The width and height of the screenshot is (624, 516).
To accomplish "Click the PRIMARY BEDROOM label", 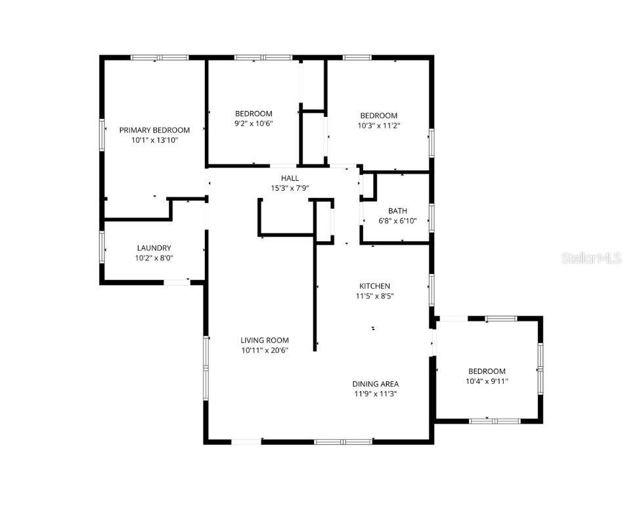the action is [x=154, y=130].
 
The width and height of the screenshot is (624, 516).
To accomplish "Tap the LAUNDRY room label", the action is [x=154, y=248].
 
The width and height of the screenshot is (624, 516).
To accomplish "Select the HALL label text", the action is [x=290, y=178].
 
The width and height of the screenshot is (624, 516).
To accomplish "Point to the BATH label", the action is [x=397, y=211].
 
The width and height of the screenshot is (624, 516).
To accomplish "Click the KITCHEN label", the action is [x=374, y=286].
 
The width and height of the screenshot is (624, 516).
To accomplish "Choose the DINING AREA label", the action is [x=376, y=384].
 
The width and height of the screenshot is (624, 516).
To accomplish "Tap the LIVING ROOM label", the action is [x=265, y=340].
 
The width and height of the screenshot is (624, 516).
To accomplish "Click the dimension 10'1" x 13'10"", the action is [x=154, y=140].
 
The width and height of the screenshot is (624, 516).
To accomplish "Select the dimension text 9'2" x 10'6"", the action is [x=254, y=124].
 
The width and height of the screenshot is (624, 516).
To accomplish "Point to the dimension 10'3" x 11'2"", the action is [x=379, y=126].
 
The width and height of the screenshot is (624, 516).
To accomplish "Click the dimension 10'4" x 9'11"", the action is [x=487, y=381].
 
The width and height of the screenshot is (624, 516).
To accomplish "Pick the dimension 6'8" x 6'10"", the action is [x=397, y=221].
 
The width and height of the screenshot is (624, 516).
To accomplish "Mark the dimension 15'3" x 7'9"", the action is [x=290, y=189].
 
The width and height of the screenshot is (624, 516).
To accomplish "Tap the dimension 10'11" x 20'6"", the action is [x=265, y=350].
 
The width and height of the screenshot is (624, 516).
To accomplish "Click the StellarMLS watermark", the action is [x=591, y=258].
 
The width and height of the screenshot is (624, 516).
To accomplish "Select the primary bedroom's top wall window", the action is [x=160, y=57].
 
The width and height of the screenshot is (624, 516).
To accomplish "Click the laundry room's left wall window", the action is [x=102, y=247].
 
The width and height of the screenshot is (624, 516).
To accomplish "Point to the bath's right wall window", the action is [x=432, y=218].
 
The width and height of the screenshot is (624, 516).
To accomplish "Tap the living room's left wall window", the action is [x=206, y=368].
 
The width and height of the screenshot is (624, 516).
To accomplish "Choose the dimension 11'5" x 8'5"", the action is [x=375, y=296].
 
